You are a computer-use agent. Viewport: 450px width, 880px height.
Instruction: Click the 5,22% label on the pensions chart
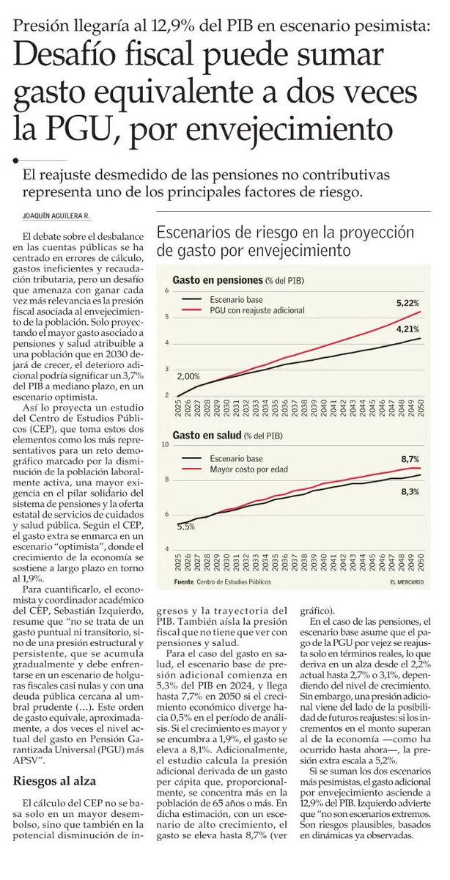click(x=407, y=303)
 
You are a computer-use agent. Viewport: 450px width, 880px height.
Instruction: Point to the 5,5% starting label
click(x=185, y=526)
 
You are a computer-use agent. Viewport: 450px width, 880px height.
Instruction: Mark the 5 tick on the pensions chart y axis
click(x=168, y=317)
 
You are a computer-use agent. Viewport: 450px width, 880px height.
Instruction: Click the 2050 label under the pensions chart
click(x=418, y=408)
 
